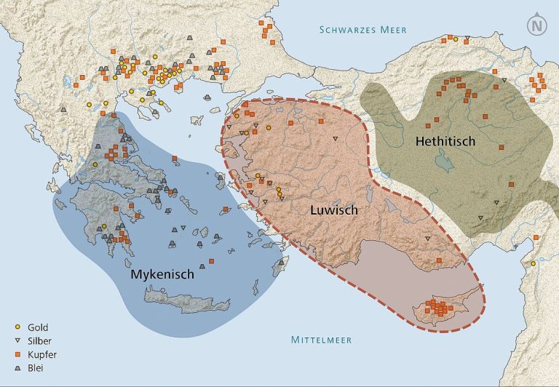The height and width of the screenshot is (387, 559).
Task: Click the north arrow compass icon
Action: [x=537, y=25]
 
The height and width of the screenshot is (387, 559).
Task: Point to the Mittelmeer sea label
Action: [x=322, y=340]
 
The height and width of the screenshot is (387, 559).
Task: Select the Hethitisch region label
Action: [x=445, y=141]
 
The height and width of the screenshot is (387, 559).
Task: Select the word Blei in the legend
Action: [x=36, y=367]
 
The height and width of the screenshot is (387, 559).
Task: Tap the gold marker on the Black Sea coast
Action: [x=456, y=39]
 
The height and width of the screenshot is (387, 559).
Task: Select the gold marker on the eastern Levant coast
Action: [x=533, y=263]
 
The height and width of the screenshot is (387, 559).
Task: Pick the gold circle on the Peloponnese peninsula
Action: [x=104, y=227]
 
